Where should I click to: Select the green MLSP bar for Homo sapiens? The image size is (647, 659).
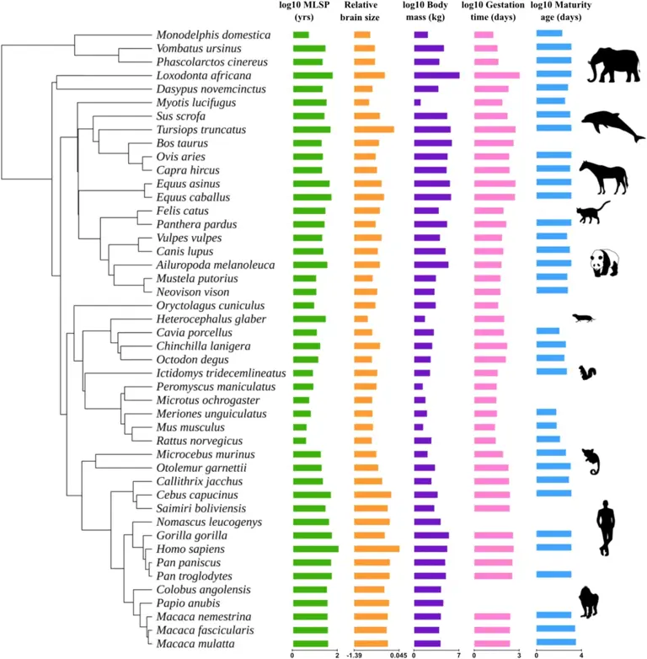315,549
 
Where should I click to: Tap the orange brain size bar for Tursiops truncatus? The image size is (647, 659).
373,130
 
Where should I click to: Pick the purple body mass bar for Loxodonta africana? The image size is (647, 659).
436,75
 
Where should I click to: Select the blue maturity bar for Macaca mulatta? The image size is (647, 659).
556,643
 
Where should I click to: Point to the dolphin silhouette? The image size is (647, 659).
612,126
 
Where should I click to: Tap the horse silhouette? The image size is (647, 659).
603,177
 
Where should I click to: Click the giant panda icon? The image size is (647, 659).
604,264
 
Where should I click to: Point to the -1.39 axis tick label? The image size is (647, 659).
354,655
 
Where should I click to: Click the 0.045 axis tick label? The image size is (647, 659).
398,655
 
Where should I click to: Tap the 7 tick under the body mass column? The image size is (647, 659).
458,655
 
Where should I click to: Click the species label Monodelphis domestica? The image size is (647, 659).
212,35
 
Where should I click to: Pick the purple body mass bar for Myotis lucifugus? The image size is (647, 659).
417,103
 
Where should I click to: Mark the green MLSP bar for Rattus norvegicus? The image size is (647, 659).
299,441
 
